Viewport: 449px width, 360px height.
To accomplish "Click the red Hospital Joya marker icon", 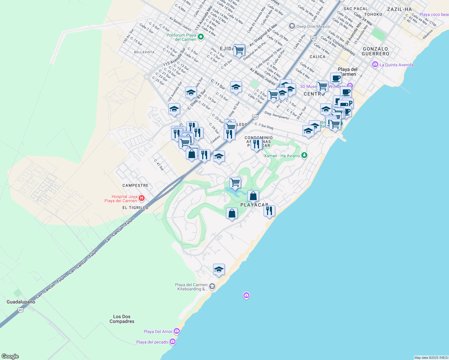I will [142, 198].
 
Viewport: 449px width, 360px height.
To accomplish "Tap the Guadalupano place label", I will [21, 302].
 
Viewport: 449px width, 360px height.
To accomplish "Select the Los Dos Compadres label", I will [122, 319].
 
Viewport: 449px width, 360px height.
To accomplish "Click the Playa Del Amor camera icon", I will [177, 331].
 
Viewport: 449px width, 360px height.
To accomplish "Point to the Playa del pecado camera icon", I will [172, 342].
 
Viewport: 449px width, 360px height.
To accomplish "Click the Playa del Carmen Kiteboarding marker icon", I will [212, 286].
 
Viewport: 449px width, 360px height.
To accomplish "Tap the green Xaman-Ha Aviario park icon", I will [304, 155].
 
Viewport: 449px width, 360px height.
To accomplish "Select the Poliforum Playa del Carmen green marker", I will [201, 37].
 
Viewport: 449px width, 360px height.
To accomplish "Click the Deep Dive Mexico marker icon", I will [292, 26].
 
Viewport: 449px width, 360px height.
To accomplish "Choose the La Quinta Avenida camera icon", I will [375, 64].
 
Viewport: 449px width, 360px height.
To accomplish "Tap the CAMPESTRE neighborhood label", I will [135, 185].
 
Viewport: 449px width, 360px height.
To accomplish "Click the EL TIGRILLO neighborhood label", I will [135, 208].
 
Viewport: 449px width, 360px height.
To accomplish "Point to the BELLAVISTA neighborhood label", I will [144, 52].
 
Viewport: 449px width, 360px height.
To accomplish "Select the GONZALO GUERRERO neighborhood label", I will [375, 51].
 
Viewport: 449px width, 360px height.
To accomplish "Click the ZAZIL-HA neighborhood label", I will [399, 9].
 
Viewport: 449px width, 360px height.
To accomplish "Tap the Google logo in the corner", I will [10, 356].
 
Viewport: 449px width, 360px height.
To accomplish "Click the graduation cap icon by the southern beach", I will [219, 270].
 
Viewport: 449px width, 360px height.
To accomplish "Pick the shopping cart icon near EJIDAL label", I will [239, 50].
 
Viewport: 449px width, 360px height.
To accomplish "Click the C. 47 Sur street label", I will [159, 165].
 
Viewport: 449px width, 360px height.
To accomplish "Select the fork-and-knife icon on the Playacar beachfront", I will [269, 211].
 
